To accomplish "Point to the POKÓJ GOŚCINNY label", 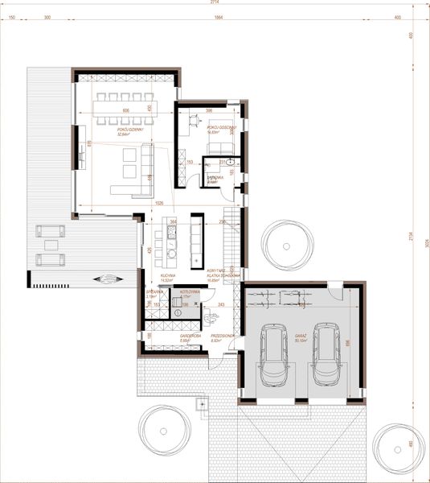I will pos(219,128).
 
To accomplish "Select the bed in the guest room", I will pos(218,144).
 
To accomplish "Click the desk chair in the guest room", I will pos(195,122).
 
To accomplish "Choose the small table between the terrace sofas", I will pos(51,246).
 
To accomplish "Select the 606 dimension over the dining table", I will pos(126,110).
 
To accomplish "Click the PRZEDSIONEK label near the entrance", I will pos(222,337).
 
